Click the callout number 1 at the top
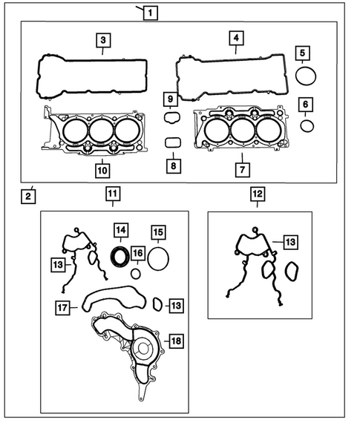coord(149,12)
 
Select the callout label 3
coord(104,40)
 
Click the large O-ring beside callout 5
coord(306,76)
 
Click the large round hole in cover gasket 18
coord(142,349)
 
